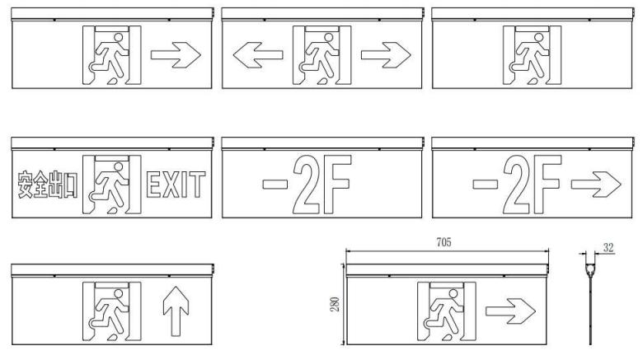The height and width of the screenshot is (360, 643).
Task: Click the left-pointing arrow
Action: click(258, 55)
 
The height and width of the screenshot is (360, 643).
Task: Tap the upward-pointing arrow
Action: click(176, 311)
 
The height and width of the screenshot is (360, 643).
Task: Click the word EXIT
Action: click(176, 185)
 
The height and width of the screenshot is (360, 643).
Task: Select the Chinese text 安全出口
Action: click(47, 185)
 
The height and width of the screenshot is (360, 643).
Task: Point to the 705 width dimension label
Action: click(444, 242)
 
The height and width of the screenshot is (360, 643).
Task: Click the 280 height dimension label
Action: click(335, 304)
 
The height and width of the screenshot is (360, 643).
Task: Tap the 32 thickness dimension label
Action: click(608, 248)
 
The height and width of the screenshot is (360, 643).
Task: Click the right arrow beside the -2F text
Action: click(596, 185)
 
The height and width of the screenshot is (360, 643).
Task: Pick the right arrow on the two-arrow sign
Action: click(386, 55)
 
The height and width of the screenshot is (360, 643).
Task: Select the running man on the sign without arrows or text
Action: click(529, 58)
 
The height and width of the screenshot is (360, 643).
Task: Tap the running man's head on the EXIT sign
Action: click(119, 167)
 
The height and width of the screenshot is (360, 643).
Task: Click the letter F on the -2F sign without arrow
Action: click(338, 185)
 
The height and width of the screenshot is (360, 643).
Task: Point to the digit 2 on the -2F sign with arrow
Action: click(517, 185)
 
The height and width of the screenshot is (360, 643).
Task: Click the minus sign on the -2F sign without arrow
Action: click(275, 184)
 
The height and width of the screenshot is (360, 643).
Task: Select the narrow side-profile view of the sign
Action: click(590, 299)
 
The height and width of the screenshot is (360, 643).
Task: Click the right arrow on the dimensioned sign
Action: click(510, 311)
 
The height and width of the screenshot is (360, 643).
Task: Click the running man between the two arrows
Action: click(319, 58)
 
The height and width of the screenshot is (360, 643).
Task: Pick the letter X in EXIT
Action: click(171, 185)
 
